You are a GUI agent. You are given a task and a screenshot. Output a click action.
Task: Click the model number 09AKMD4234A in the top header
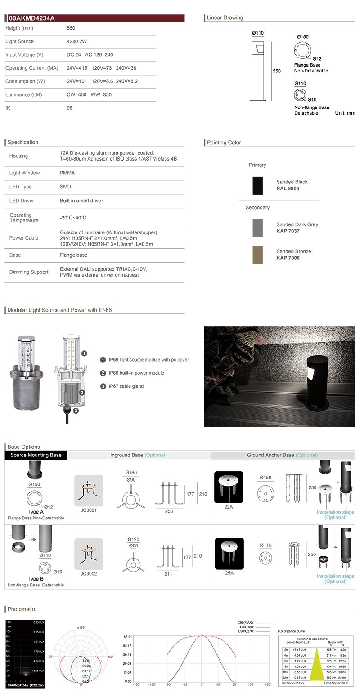(x=27, y=19)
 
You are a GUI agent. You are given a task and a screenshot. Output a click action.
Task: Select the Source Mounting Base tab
(x=36, y=455)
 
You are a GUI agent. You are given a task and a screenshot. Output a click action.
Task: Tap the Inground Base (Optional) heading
(x=139, y=455)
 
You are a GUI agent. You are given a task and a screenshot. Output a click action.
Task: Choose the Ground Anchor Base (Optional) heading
(x=283, y=455)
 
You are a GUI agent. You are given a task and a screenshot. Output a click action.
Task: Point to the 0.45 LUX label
(x=39, y=623)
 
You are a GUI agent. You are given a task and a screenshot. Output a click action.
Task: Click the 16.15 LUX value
(x=39, y=671)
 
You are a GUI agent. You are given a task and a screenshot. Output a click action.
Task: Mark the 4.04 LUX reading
(x=39, y=661)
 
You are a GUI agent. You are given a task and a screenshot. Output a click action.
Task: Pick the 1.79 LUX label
(x=39, y=651)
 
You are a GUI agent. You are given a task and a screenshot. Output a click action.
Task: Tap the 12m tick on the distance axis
(x=9, y=623)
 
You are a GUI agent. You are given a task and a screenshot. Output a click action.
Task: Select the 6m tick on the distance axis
(x=9, y=651)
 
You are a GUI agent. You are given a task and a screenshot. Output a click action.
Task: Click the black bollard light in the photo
(x=317, y=378)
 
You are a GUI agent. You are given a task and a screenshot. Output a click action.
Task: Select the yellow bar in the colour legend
(x=265, y=622)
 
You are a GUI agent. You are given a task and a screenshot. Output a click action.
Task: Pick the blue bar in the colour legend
(x=265, y=631)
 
